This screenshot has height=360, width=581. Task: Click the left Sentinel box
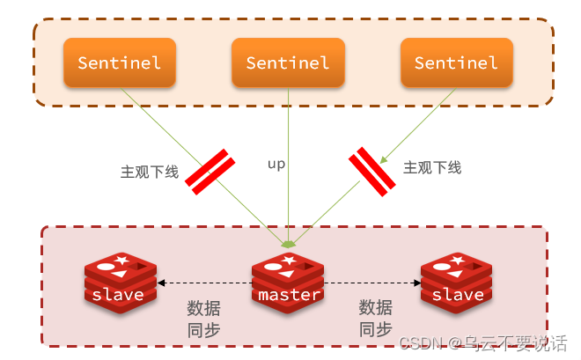(120, 62)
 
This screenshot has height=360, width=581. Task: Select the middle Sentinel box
(288, 62)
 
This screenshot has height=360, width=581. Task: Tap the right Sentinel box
(456, 62)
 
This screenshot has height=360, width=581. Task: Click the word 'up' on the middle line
(276, 164)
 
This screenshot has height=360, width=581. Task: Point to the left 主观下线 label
(150, 172)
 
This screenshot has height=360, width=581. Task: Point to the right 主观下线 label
(431, 167)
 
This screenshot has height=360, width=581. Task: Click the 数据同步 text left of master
(203, 319)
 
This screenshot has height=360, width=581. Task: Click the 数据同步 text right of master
(375, 319)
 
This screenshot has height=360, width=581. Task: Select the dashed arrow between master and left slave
(204, 283)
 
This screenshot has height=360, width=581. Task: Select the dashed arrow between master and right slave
(373, 283)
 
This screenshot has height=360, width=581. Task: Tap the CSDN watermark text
(482, 343)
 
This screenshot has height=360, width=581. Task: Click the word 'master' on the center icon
(289, 295)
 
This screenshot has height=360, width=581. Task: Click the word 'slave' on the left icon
(118, 295)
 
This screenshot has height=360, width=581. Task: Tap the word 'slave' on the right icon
(458, 295)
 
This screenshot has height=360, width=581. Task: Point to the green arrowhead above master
(289, 242)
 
